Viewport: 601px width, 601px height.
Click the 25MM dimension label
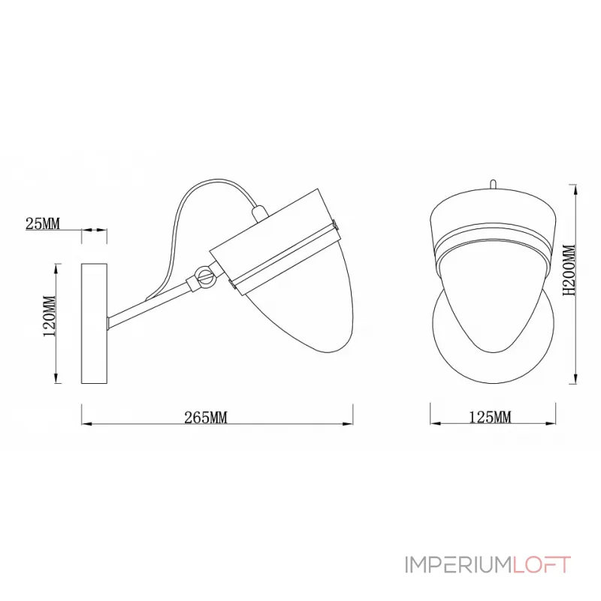[43, 223]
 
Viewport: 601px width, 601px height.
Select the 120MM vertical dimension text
[50, 316]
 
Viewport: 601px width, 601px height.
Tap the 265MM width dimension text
[205, 418]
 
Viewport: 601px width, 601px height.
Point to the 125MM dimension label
[491, 417]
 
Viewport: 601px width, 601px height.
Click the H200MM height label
[569, 270]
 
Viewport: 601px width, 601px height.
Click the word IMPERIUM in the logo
[458, 566]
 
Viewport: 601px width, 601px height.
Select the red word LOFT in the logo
[542, 566]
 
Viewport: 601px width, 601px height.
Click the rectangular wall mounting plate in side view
[94, 323]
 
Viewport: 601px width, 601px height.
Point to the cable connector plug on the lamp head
[258, 213]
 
